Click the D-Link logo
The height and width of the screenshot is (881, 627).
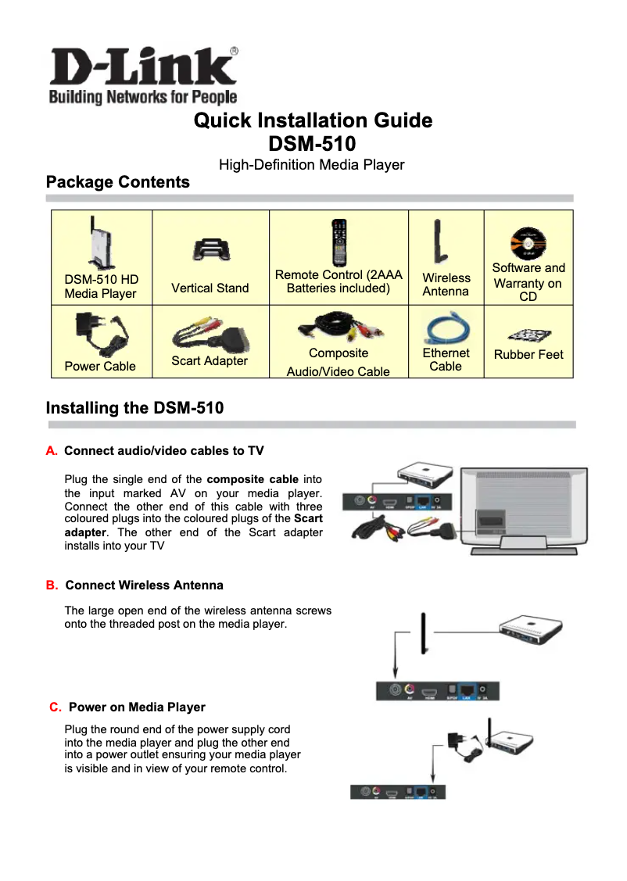coord(143,75)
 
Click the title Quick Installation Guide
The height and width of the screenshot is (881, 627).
coord(313,120)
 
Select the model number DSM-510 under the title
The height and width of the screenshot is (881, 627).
coord(312,145)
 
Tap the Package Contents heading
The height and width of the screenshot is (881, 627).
coord(118,182)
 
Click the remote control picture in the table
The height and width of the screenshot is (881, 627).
coord(338,242)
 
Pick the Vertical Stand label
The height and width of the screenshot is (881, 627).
coord(210,288)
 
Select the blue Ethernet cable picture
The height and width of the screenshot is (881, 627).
coord(446,327)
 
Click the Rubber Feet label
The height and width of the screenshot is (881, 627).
coord(528,354)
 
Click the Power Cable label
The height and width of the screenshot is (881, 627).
coord(100,366)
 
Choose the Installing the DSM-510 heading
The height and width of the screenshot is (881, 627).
coord(134,408)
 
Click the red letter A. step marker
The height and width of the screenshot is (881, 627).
coord(52,451)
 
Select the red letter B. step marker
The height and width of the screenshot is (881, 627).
coord(52,586)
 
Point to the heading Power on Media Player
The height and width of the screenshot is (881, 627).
coord(137,707)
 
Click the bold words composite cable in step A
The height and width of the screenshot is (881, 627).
coord(253,479)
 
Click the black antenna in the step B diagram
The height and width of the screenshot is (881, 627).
coord(423,634)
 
